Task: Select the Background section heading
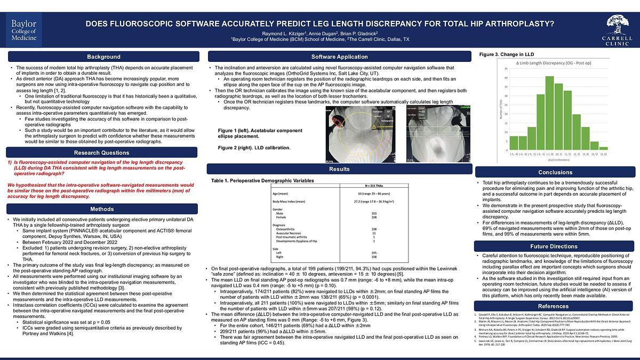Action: coord(103,57)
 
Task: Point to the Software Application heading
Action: coord(339,57)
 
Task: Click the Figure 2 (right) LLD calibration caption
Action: coord(254,147)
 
